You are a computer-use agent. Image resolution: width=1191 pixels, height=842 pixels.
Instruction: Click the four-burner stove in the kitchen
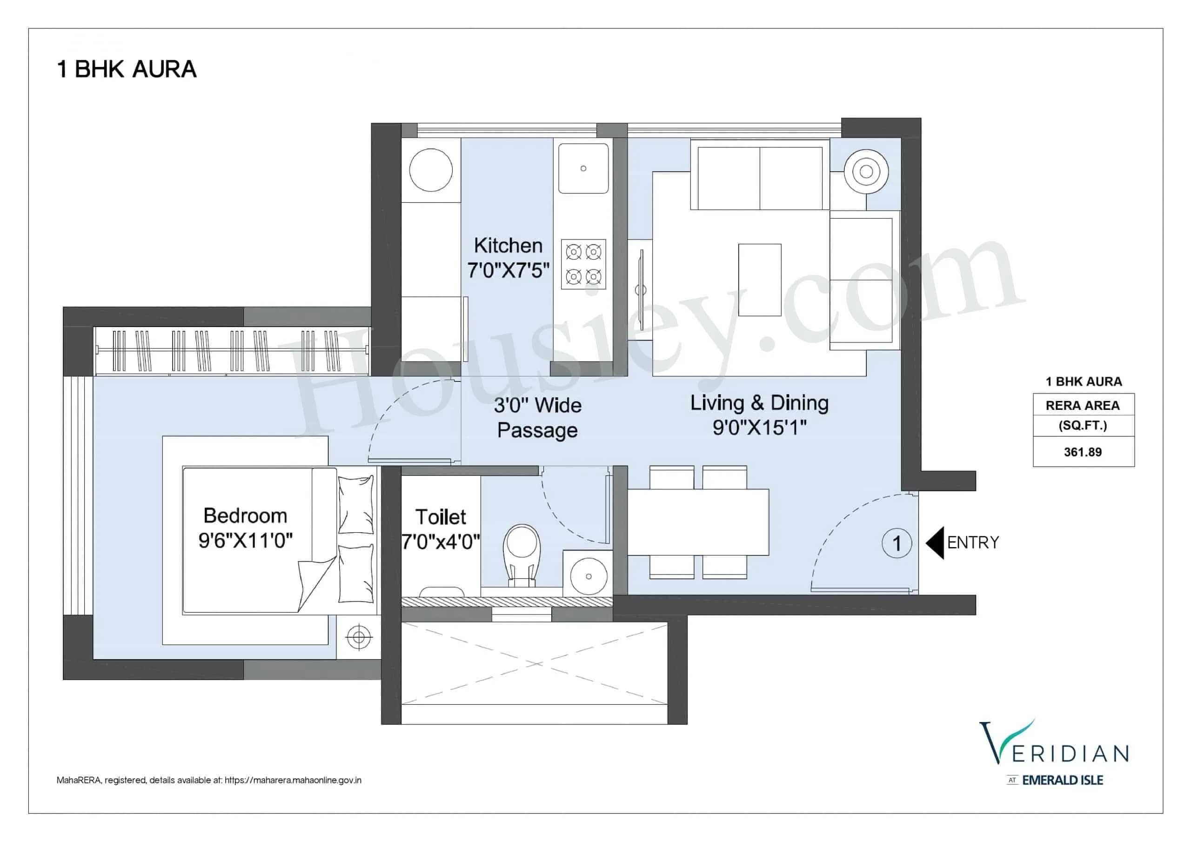(583, 264)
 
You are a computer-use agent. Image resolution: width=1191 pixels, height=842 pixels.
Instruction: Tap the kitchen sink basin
(583, 168)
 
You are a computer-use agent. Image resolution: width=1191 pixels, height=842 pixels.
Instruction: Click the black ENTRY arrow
(935, 543)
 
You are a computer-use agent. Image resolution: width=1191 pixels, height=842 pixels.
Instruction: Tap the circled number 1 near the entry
(897, 543)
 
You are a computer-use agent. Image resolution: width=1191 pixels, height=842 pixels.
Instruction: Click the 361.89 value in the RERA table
(1083, 452)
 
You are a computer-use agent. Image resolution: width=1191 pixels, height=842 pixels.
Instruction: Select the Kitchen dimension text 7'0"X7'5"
(508, 270)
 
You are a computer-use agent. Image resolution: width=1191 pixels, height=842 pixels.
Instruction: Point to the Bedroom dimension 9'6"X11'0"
(245, 541)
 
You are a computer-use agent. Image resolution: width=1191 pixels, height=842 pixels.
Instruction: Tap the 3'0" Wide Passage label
(537, 418)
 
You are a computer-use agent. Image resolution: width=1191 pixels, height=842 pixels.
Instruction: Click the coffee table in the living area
(759, 280)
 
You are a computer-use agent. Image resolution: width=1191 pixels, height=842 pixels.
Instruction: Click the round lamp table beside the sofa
(866, 172)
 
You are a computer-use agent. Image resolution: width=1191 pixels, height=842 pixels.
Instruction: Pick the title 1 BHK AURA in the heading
(127, 69)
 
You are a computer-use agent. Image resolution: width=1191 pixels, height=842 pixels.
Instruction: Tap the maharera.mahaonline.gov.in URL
(293, 780)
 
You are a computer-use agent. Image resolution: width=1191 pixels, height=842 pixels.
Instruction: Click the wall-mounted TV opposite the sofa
(641, 289)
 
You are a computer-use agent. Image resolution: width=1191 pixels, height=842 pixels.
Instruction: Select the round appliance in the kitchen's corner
(430, 170)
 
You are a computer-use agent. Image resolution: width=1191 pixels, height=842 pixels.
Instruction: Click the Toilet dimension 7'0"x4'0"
(441, 542)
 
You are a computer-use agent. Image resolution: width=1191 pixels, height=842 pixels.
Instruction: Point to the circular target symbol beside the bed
(358, 636)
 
